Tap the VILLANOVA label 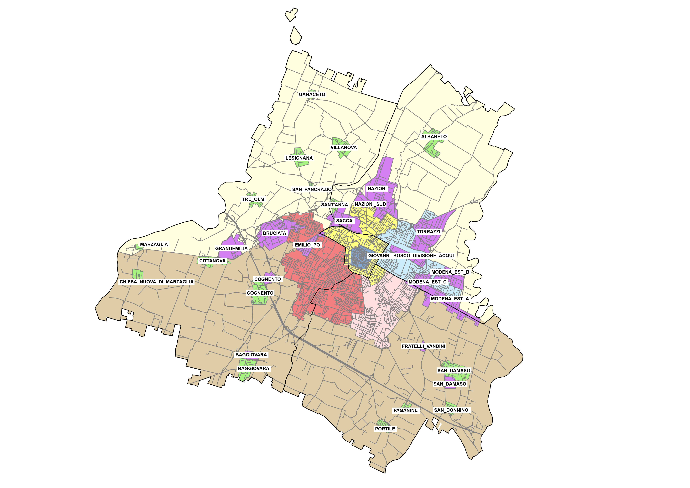coord(344,148)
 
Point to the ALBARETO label coord(434,137)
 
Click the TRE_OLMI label coord(254,199)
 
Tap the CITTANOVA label coord(212,261)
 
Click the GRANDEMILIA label coord(231,248)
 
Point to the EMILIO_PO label coord(307,245)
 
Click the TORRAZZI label coord(428,232)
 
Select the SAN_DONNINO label coord(451,410)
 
